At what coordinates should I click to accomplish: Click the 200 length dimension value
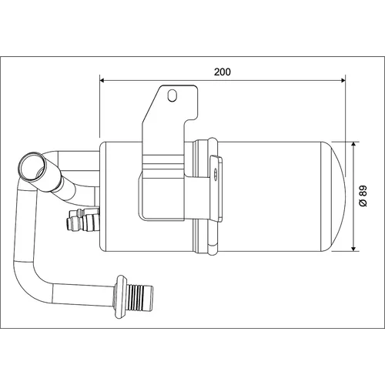coord(223,72)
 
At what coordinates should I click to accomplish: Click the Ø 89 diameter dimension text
coord(363,196)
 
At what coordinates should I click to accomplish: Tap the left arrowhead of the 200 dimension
coord(102,81)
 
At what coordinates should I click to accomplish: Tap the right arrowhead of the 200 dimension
coord(343,81)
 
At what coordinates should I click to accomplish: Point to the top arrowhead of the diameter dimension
coord(353,144)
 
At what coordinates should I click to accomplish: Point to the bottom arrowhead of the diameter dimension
coord(353,249)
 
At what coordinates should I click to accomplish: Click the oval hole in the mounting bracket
coord(172,95)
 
